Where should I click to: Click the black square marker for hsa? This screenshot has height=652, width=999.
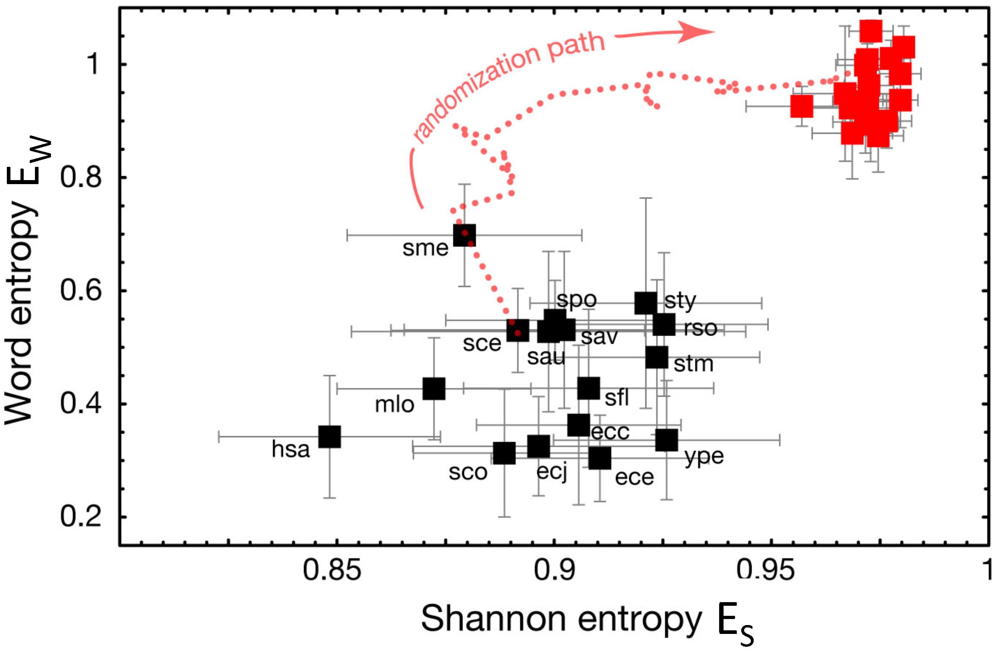click(x=330, y=437)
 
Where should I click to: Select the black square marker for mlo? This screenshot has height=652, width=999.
click(x=434, y=388)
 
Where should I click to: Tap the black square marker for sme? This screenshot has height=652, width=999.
click(x=464, y=235)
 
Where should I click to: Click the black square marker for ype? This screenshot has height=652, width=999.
click(x=667, y=440)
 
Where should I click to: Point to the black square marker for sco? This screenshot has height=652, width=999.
click(x=504, y=453)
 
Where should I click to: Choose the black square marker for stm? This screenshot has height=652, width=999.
click(x=657, y=357)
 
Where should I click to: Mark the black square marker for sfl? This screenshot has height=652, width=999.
click(x=589, y=388)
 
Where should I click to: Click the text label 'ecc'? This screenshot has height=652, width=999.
click(x=610, y=432)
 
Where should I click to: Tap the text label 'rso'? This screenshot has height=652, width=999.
click(x=701, y=328)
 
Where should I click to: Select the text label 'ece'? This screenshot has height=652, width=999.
click(x=634, y=477)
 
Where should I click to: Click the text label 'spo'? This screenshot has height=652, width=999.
click(x=576, y=299)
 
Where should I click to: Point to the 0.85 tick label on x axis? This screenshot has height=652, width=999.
click(x=332, y=570)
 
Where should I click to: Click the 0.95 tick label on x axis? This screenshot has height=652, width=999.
click(x=765, y=570)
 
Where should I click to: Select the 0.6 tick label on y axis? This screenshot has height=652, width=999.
click(x=81, y=290)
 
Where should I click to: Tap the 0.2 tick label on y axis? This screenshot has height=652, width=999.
click(x=81, y=516)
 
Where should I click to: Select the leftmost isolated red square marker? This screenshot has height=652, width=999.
click(x=802, y=106)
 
